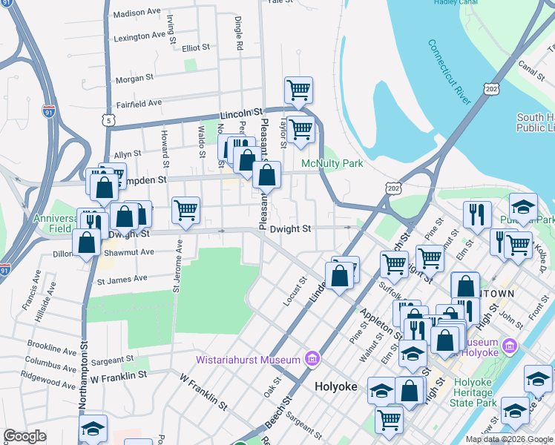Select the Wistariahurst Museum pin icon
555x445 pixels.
(312, 360)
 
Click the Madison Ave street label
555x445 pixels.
(137, 13)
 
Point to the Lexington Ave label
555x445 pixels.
(139, 36)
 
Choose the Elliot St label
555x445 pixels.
(196, 47)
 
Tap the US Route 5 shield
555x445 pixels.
(108, 119)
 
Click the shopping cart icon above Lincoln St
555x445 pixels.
(298, 90)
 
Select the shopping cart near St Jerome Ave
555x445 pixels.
(185, 210)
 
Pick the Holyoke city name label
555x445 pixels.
(336, 386)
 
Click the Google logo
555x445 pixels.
(24, 436)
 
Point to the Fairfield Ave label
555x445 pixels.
(139, 103)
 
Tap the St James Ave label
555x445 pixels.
(122, 279)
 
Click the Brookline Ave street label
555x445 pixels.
(51, 346)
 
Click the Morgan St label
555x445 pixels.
(134, 77)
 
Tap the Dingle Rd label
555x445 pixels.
(239, 33)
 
